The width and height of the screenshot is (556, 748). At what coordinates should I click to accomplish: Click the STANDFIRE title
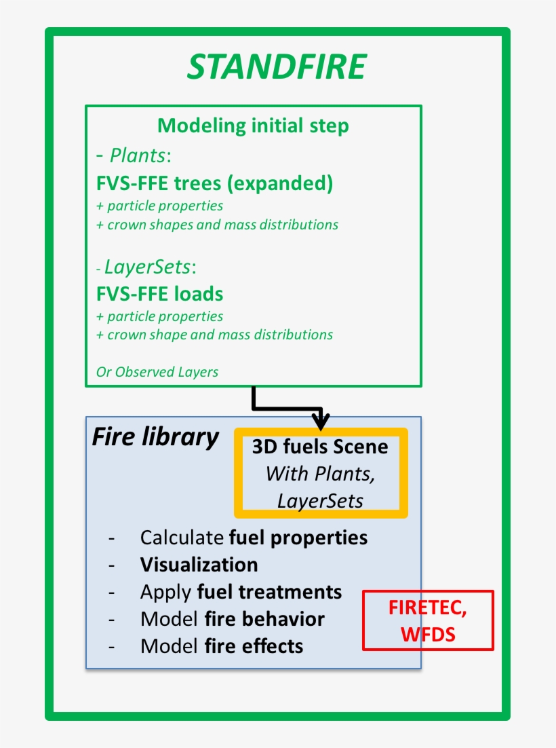[277, 67]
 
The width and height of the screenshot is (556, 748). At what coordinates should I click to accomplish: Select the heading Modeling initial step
[253, 126]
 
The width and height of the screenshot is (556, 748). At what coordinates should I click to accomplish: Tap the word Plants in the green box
[138, 155]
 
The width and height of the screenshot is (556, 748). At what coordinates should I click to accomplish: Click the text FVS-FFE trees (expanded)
[214, 184]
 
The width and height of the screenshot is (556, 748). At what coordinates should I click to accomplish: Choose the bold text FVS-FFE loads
[160, 294]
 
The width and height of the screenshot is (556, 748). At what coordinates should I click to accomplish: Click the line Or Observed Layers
[157, 371]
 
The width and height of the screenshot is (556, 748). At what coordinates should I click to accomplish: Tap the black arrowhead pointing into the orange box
[321, 420]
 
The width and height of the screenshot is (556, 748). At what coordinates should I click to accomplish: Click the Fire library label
[155, 437]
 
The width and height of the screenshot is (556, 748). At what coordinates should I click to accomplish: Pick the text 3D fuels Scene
[320, 447]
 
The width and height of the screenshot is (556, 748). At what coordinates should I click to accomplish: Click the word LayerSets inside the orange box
[320, 500]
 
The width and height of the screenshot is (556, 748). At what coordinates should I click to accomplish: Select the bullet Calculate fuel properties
[254, 538]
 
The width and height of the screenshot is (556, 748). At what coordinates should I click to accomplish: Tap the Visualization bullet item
[199, 565]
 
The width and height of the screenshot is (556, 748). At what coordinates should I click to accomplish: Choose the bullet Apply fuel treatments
[241, 592]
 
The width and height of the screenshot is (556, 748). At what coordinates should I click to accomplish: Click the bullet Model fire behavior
[232, 619]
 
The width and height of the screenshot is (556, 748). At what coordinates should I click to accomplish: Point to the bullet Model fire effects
[221, 646]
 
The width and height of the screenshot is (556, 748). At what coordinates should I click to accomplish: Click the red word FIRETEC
[427, 608]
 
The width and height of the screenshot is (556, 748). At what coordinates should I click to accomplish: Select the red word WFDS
[427, 633]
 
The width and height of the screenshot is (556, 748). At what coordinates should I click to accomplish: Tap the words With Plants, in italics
[320, 473]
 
